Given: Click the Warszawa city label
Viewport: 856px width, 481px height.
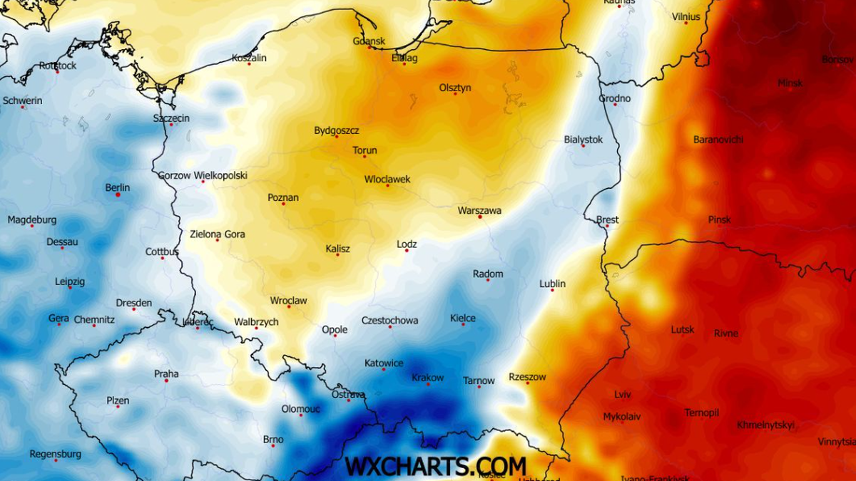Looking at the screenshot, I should pyautogui.click(x=479, y=210).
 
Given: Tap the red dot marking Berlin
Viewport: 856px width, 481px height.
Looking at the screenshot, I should pyautogui.click(x=118, y=195).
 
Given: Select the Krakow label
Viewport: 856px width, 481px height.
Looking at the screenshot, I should pyautogui.click(x=427, y=378).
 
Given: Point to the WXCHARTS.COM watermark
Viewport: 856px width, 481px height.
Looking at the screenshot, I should pyautogui.click(x=436, y=466).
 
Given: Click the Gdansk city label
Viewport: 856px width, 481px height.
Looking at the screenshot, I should pyautogui.click(x=369, y=41).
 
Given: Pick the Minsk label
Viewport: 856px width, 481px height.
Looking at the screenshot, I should pyautogui.click(x=790, y=83).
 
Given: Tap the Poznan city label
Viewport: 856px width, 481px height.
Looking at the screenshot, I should pyautogui.click(x=282, y=197).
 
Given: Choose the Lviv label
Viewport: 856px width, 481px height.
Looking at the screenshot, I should pyautogui.click(x=622, y=394).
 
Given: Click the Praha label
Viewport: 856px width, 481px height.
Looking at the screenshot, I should pyautogui.click(x=166, y=373).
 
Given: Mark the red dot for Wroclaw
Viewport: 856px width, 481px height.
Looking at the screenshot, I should pyautogui.click(x=289, y=306).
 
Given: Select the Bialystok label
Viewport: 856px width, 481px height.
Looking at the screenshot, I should pyautogui.click(x=583, y=139).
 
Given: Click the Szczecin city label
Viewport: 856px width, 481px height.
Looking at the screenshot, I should pyautogui.click(x=171, y=118).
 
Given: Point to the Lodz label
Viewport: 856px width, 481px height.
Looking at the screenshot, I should pyautogui.click(x=407, y=244).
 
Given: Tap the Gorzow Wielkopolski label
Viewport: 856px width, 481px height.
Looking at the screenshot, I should pyautogui.click(x=203, y=175).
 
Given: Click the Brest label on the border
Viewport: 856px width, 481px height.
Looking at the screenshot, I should pyautogui.click(x=608, y=219).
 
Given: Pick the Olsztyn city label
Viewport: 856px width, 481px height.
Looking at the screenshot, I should pyautogui.click(x=455, y=88).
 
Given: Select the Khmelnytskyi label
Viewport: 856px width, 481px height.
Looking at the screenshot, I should pyautogui.click(x=765, y=425).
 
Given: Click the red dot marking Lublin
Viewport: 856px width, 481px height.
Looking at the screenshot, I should pyautogui.click(x=552, y=290).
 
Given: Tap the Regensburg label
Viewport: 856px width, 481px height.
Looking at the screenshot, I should pyautogui.click(x=55, y=453).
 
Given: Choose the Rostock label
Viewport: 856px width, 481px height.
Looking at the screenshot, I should pyautogui.click(x=58, y=66).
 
